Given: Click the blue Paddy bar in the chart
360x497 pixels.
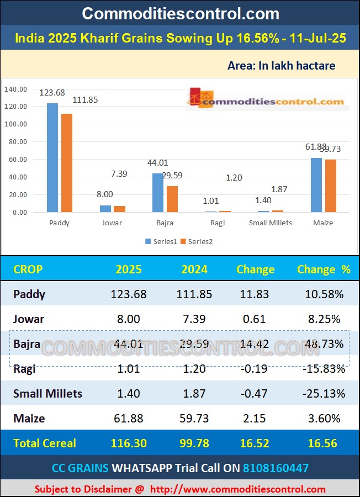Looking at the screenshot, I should point(52,157).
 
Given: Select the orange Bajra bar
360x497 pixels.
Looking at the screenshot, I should point(172,199).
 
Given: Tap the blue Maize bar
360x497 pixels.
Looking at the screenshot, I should point(316,185).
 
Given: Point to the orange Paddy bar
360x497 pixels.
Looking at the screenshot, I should point(67,163).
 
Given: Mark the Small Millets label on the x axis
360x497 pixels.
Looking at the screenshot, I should point(271,223).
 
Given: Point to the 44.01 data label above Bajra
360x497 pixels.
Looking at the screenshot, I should point(157,163).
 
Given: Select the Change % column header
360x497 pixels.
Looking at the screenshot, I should point(324,269).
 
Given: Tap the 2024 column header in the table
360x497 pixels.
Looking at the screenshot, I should point(194,269).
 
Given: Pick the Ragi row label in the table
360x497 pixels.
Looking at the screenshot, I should point(25,368).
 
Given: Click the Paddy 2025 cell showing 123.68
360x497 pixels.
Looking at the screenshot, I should point(129,294).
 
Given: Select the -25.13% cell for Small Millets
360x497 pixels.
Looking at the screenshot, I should point(324,394).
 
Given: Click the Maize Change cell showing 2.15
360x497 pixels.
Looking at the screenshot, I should point(255,419).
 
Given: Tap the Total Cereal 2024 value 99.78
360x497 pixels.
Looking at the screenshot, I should point(194,443).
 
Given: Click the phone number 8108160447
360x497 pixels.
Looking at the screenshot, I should point(276,468).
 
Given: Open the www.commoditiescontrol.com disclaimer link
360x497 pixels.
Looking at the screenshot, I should point(237,489).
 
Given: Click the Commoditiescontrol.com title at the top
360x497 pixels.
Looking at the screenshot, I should point(180,14).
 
